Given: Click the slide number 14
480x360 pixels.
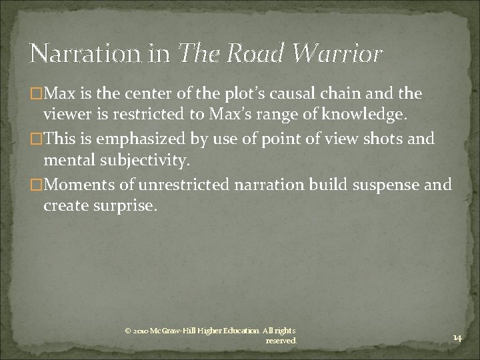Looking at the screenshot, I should click(457, 339).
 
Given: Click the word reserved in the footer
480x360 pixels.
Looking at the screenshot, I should click(281, 341).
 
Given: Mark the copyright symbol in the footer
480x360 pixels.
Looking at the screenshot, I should click(128, 331).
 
